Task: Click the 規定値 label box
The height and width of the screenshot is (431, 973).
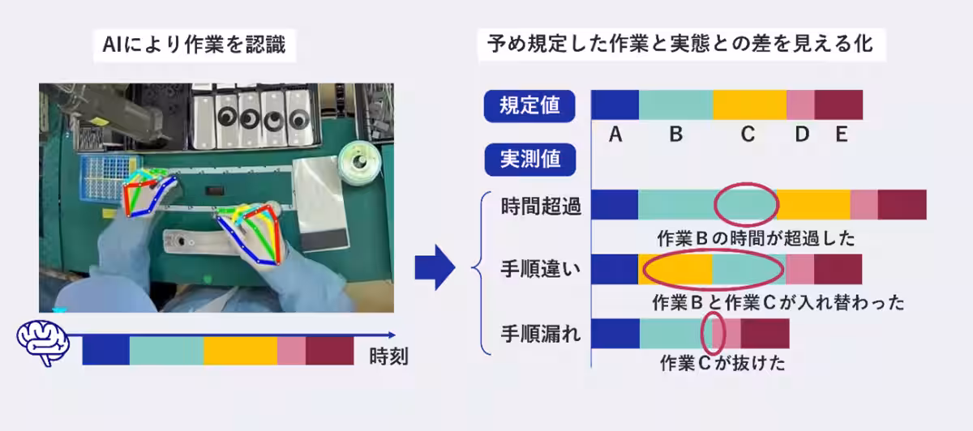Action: tap(529, 105)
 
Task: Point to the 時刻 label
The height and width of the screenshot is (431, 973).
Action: tap(388, 356)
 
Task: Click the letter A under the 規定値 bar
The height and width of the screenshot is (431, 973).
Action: tap(615, 135)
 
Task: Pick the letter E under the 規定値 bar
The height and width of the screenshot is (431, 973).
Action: tap(841, 135)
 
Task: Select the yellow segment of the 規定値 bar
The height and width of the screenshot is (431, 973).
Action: tap(750, 105)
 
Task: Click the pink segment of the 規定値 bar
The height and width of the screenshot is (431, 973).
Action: tap(800, 105)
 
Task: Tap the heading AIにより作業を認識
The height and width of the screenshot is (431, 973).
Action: tap(194, 45)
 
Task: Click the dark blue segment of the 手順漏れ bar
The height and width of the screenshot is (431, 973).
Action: tap(615, 334)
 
